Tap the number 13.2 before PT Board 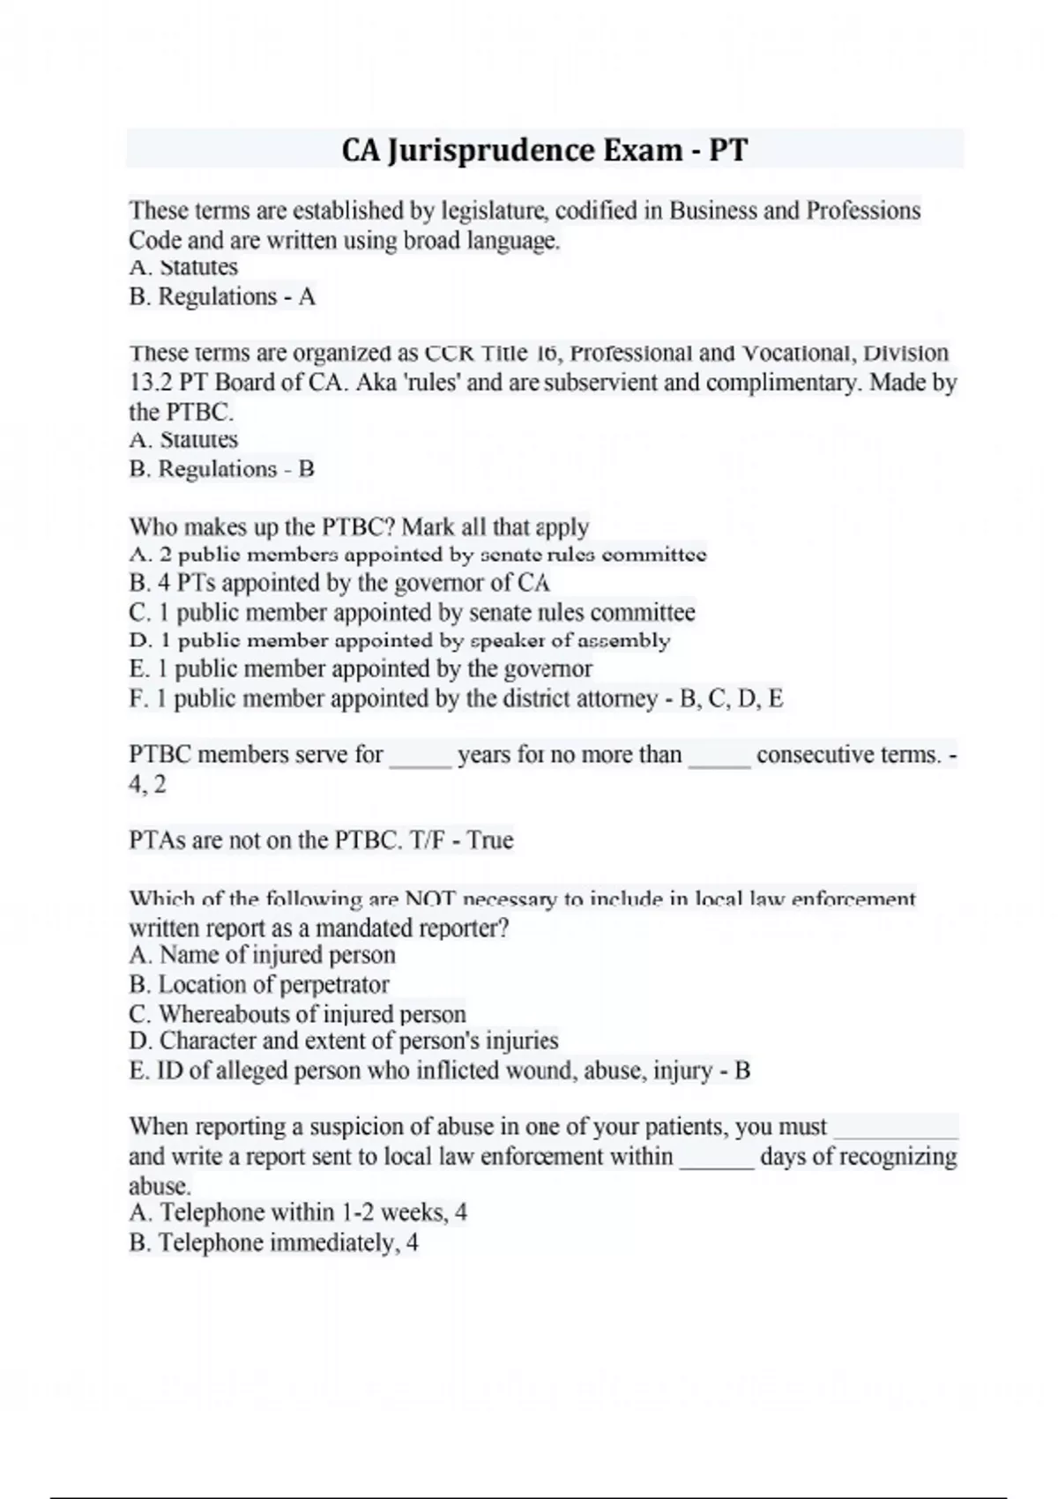pos(151,383)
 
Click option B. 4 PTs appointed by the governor pos(339,583)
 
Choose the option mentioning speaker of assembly pos(399,641)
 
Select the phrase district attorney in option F pos(580,698)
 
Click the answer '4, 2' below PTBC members pos(147,784)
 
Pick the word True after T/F pos(490,839)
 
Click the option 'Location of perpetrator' pos(258,984)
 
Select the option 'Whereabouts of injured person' pos(297,1014)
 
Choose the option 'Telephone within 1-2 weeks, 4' pos(297,1212)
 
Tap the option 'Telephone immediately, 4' pos(273,1242)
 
